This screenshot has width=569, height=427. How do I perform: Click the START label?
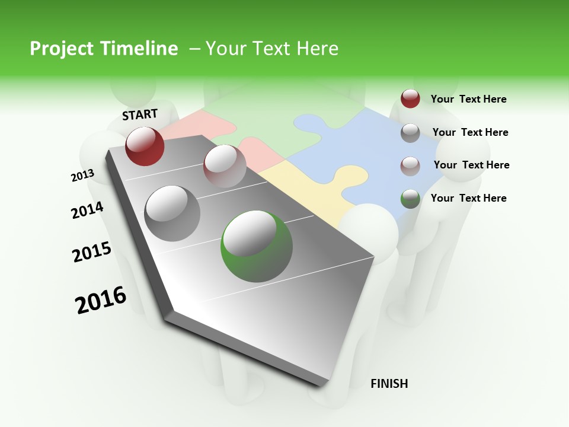click(x=140, y=114)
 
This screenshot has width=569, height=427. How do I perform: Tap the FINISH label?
click(x=389, y=384)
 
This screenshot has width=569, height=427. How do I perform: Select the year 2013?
click(x=82, y=176)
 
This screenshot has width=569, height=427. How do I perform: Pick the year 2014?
click(x=87, y=210)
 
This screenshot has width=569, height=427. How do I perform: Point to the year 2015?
click(x=92, y=252)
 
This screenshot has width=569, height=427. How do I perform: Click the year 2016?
click(x=101, y=299)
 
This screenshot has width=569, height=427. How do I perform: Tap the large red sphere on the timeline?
click(x=145, y=146)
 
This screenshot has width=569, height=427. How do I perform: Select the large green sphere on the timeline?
click(x=257, y=246)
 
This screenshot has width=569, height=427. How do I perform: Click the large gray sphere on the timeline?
click(x=172, y=213)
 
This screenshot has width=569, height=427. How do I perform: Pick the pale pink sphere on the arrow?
click(x=225, y=165)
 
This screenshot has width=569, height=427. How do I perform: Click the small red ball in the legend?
click(x=410, y=98)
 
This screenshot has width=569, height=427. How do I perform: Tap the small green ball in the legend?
click(x=410, y=198)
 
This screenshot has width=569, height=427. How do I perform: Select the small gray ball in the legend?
click(x=410, y=132)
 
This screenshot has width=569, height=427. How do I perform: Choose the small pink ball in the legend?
click(x=410, y=165)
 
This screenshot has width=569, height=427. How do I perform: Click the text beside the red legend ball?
click(x=468, y=99)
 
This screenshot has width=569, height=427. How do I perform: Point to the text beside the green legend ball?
click(x=468, y=198)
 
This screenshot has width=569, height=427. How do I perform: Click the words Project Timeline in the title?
click(x=104, y=49)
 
